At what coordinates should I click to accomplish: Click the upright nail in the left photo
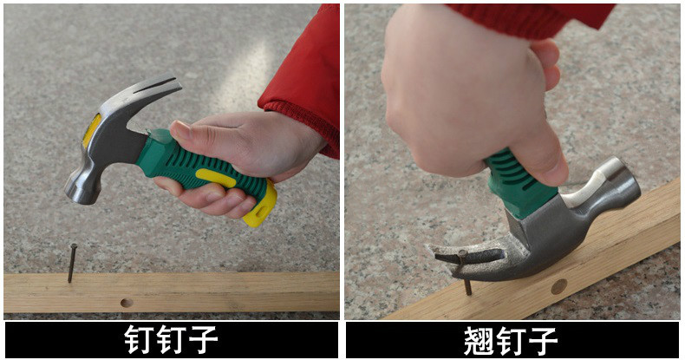[x=72, y=263]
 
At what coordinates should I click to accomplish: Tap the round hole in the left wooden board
[x=127, y=303]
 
